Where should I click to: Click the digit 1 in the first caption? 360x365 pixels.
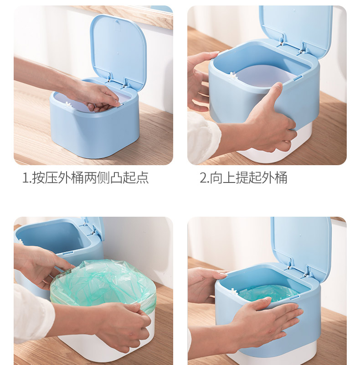(26, 178)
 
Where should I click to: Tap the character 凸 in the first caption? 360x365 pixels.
(116, 178)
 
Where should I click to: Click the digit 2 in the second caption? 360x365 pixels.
(203, 178)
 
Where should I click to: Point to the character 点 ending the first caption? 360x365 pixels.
(142, 178)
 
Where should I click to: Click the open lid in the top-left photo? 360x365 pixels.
(118, 49)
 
